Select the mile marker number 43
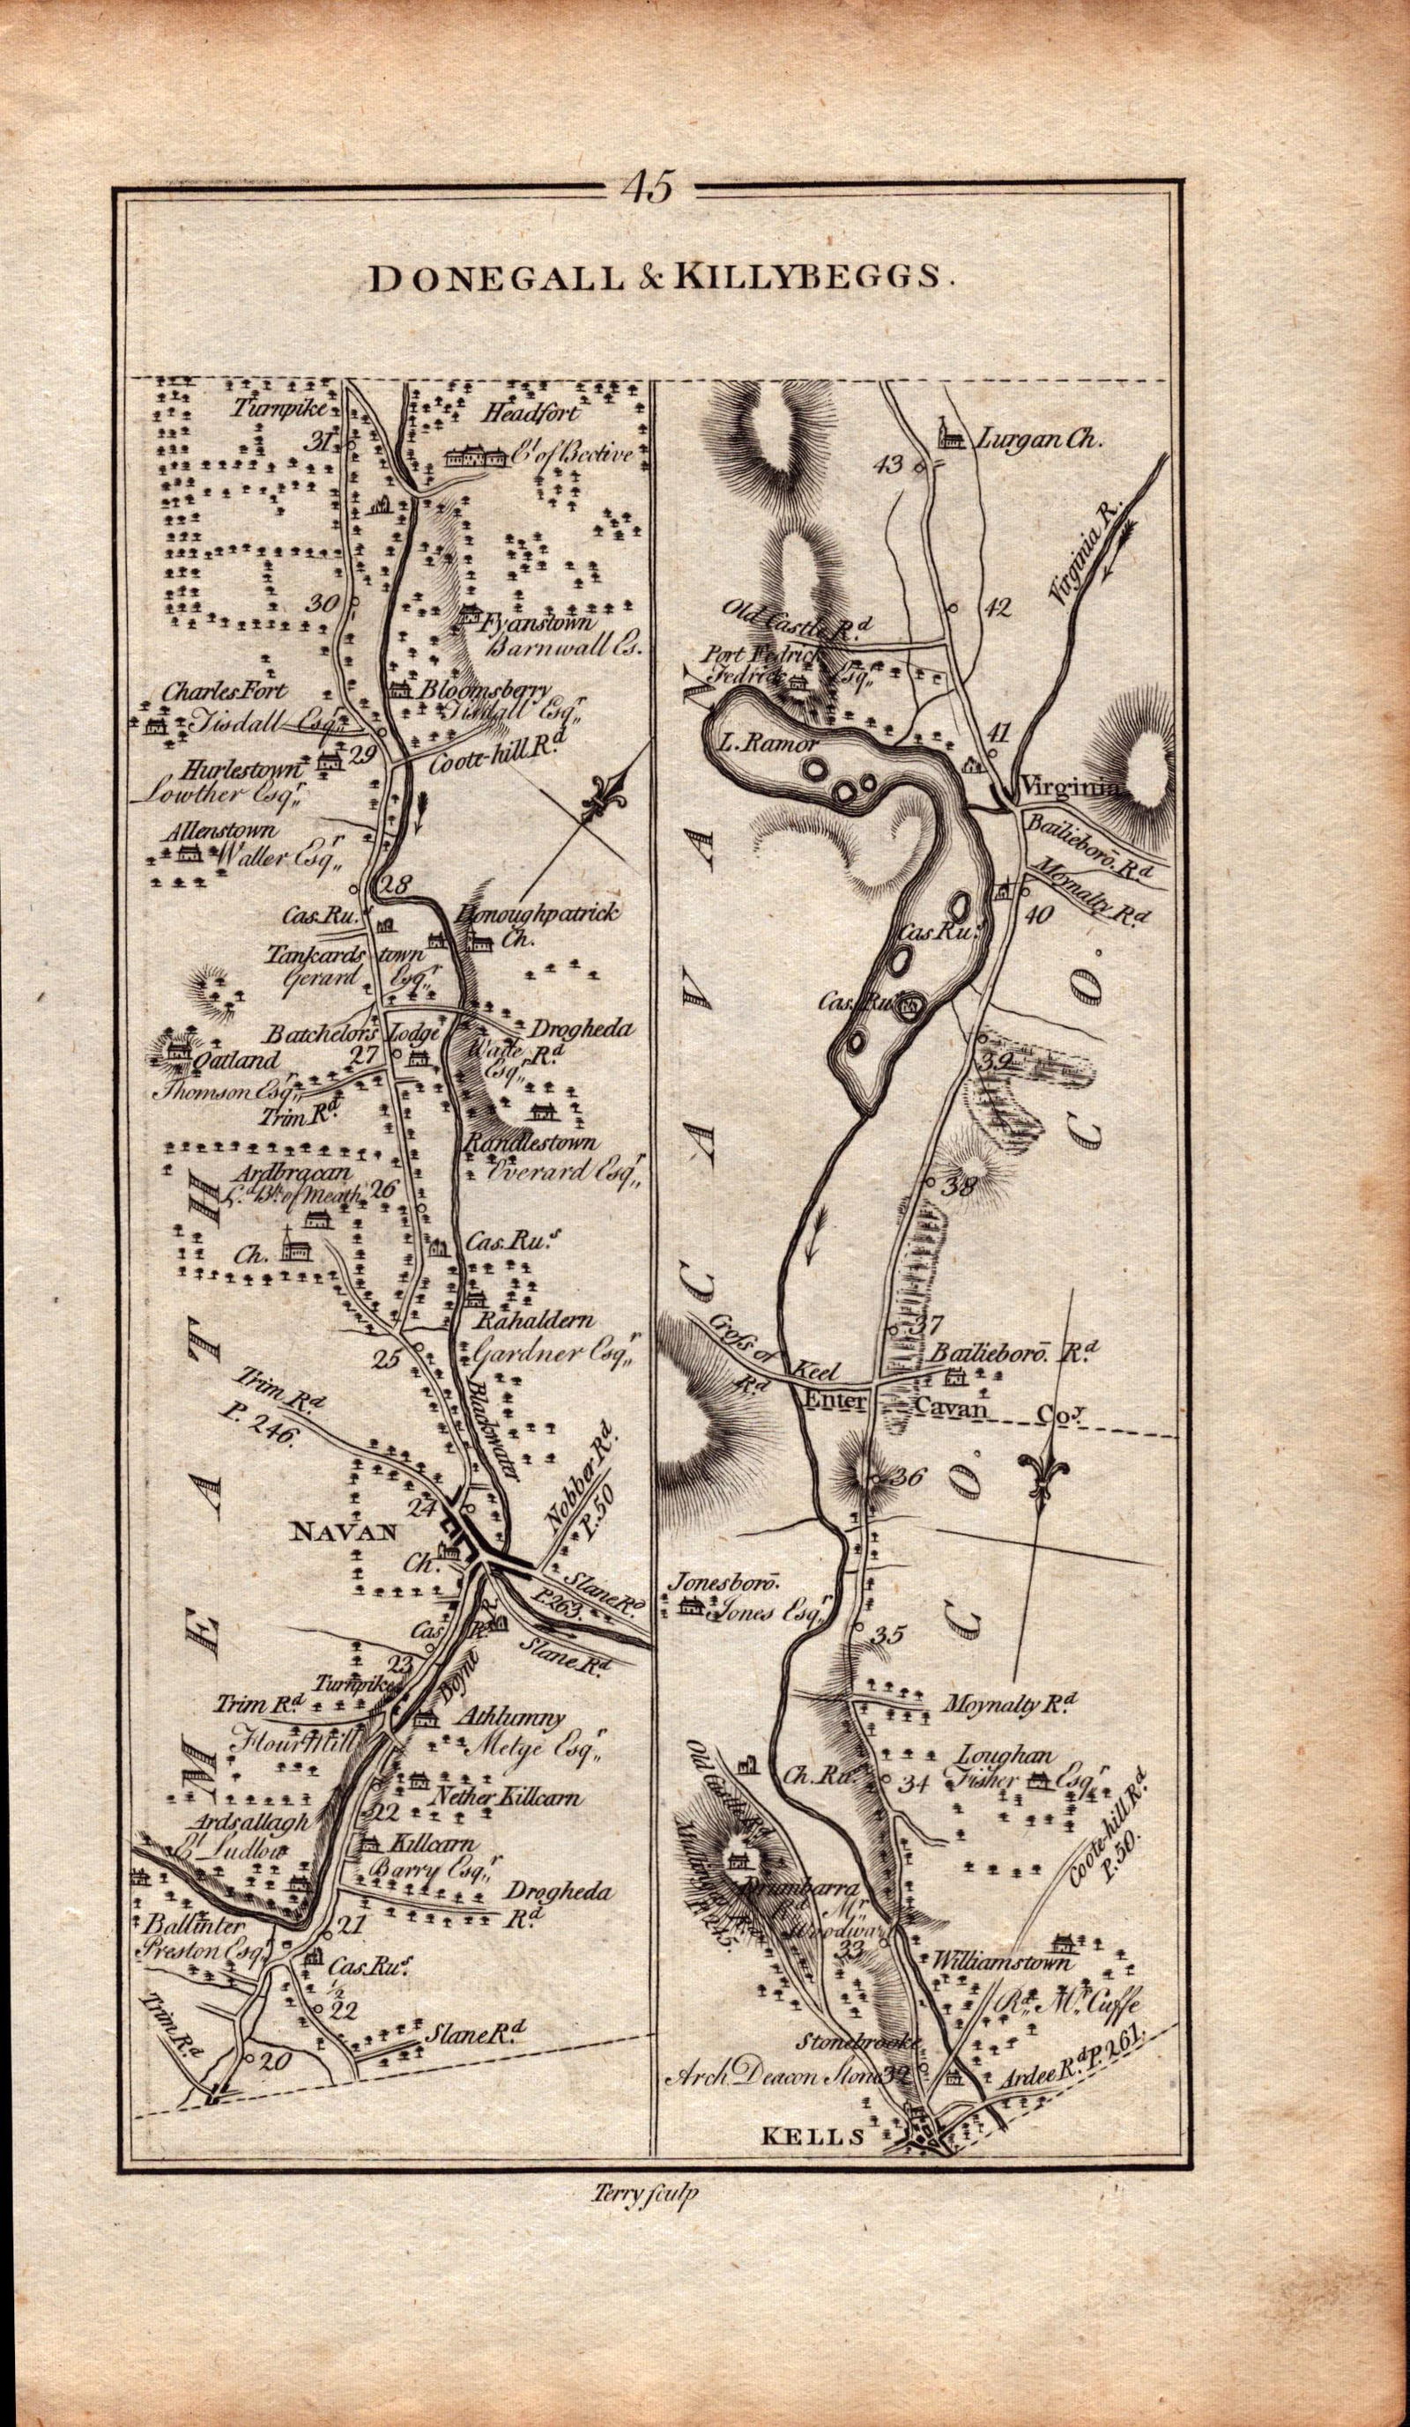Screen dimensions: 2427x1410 883,466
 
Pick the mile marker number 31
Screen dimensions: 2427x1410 315,442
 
